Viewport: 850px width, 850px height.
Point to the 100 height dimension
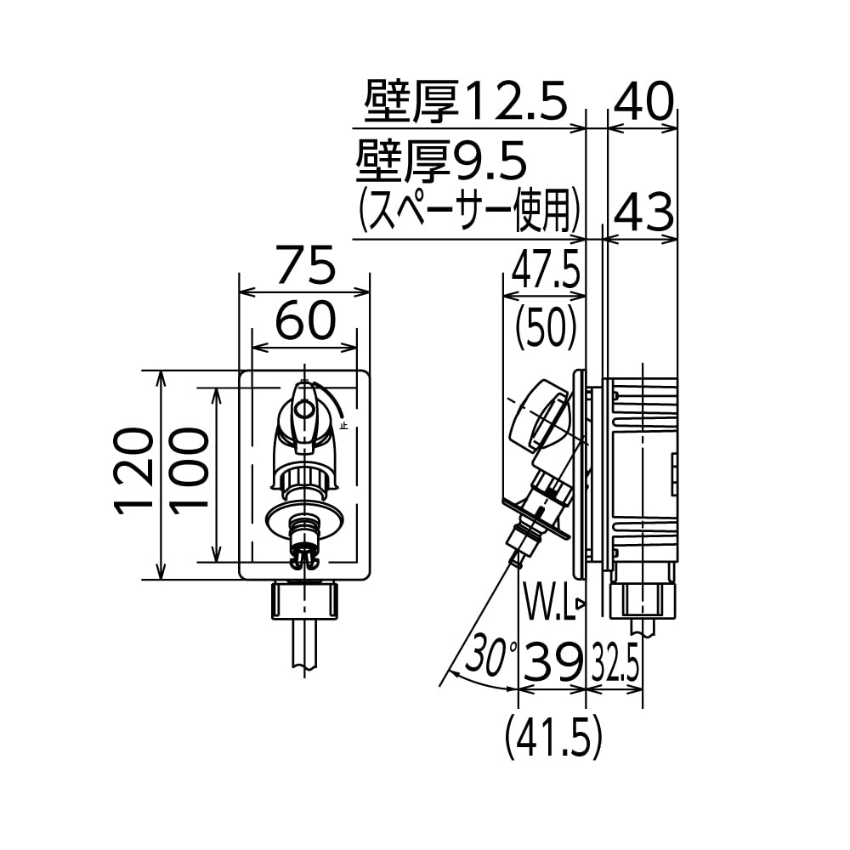[x=189, y=474]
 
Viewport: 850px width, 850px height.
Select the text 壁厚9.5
[x=442, y=161]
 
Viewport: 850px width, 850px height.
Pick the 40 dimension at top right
[x=643, y=103]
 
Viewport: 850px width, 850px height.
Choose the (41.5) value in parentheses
[x=552, y=736]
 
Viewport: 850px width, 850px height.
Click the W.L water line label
[x=547, y=606]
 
